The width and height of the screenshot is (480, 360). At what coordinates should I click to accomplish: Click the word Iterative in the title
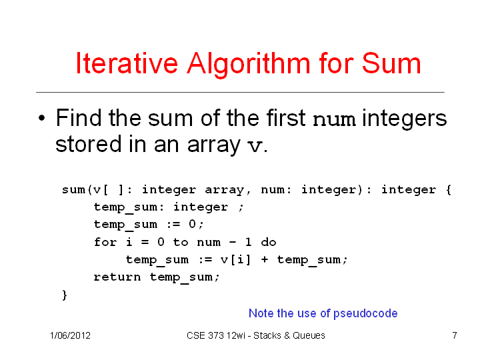pos(127,63)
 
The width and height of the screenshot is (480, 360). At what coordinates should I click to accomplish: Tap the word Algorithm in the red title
pos(249,64)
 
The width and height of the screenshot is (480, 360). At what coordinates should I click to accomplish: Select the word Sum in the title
pos(391,63)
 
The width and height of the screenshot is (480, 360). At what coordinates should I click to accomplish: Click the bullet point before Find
pos(42,118)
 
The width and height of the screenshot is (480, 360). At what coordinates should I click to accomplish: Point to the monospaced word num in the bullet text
pos(334,120)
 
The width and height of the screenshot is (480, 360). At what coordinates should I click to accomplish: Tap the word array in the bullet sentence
pos(214,145)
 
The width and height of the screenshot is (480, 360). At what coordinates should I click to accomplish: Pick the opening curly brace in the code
pos(449,190)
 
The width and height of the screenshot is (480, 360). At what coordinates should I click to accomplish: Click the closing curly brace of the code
pos(65,295)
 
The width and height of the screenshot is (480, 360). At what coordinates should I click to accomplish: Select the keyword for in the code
pos(105,242)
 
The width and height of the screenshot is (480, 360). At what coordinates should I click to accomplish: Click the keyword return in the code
pos(117,277)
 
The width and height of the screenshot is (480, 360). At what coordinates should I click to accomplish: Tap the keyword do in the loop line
pos(269,242)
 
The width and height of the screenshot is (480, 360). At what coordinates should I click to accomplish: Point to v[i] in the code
pos(235,259)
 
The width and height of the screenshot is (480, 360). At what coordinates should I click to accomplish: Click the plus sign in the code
pos(265,259)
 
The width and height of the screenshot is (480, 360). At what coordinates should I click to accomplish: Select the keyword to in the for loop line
pos(181,242)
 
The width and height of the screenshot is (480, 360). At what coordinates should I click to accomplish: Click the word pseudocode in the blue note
pos(365,314)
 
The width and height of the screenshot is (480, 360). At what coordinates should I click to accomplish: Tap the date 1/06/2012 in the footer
pos(70,335)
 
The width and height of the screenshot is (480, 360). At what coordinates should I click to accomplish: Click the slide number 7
pos(455,335)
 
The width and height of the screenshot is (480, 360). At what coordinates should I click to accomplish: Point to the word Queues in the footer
pos(309,335)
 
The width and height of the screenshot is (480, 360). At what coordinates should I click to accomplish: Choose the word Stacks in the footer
pos(267,335)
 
